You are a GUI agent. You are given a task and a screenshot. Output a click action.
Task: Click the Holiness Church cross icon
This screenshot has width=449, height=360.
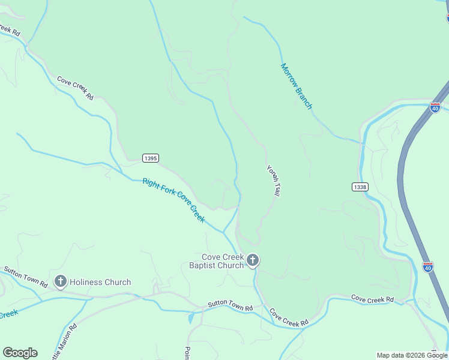[x=60, y=281]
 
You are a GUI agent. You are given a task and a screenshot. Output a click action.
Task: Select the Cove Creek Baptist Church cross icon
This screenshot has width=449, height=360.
[x=253, y=260]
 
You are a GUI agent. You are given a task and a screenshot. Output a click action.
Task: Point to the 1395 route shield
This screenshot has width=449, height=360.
[x=151, y=158]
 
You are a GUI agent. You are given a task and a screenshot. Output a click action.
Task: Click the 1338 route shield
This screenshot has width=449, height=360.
[x=360, y=187]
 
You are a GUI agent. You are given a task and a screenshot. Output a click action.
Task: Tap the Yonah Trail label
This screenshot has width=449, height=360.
[x=274, y=181]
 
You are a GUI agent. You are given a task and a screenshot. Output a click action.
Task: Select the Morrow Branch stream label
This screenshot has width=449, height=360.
[x=297, y=86]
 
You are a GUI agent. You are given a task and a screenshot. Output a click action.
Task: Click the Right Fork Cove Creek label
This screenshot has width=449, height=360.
[x=173, y=200]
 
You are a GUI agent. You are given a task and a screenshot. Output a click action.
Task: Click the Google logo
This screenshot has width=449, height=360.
[x=20, y=353]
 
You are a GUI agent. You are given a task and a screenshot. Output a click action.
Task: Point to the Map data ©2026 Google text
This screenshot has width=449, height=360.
[x=411, y=355]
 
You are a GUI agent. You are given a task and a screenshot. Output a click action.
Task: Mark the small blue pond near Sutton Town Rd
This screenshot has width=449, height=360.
[x=191, y=319]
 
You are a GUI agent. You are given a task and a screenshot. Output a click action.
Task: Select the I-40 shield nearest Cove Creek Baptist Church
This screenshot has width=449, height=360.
[x=427, y=267]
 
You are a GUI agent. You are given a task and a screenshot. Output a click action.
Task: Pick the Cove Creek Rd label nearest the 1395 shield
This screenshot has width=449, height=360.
[x=76, y=88]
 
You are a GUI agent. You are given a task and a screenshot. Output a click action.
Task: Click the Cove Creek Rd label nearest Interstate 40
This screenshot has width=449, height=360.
[x=372, y=298]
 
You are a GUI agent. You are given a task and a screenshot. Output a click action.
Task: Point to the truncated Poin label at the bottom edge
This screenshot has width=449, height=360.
[x=187, y=353]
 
